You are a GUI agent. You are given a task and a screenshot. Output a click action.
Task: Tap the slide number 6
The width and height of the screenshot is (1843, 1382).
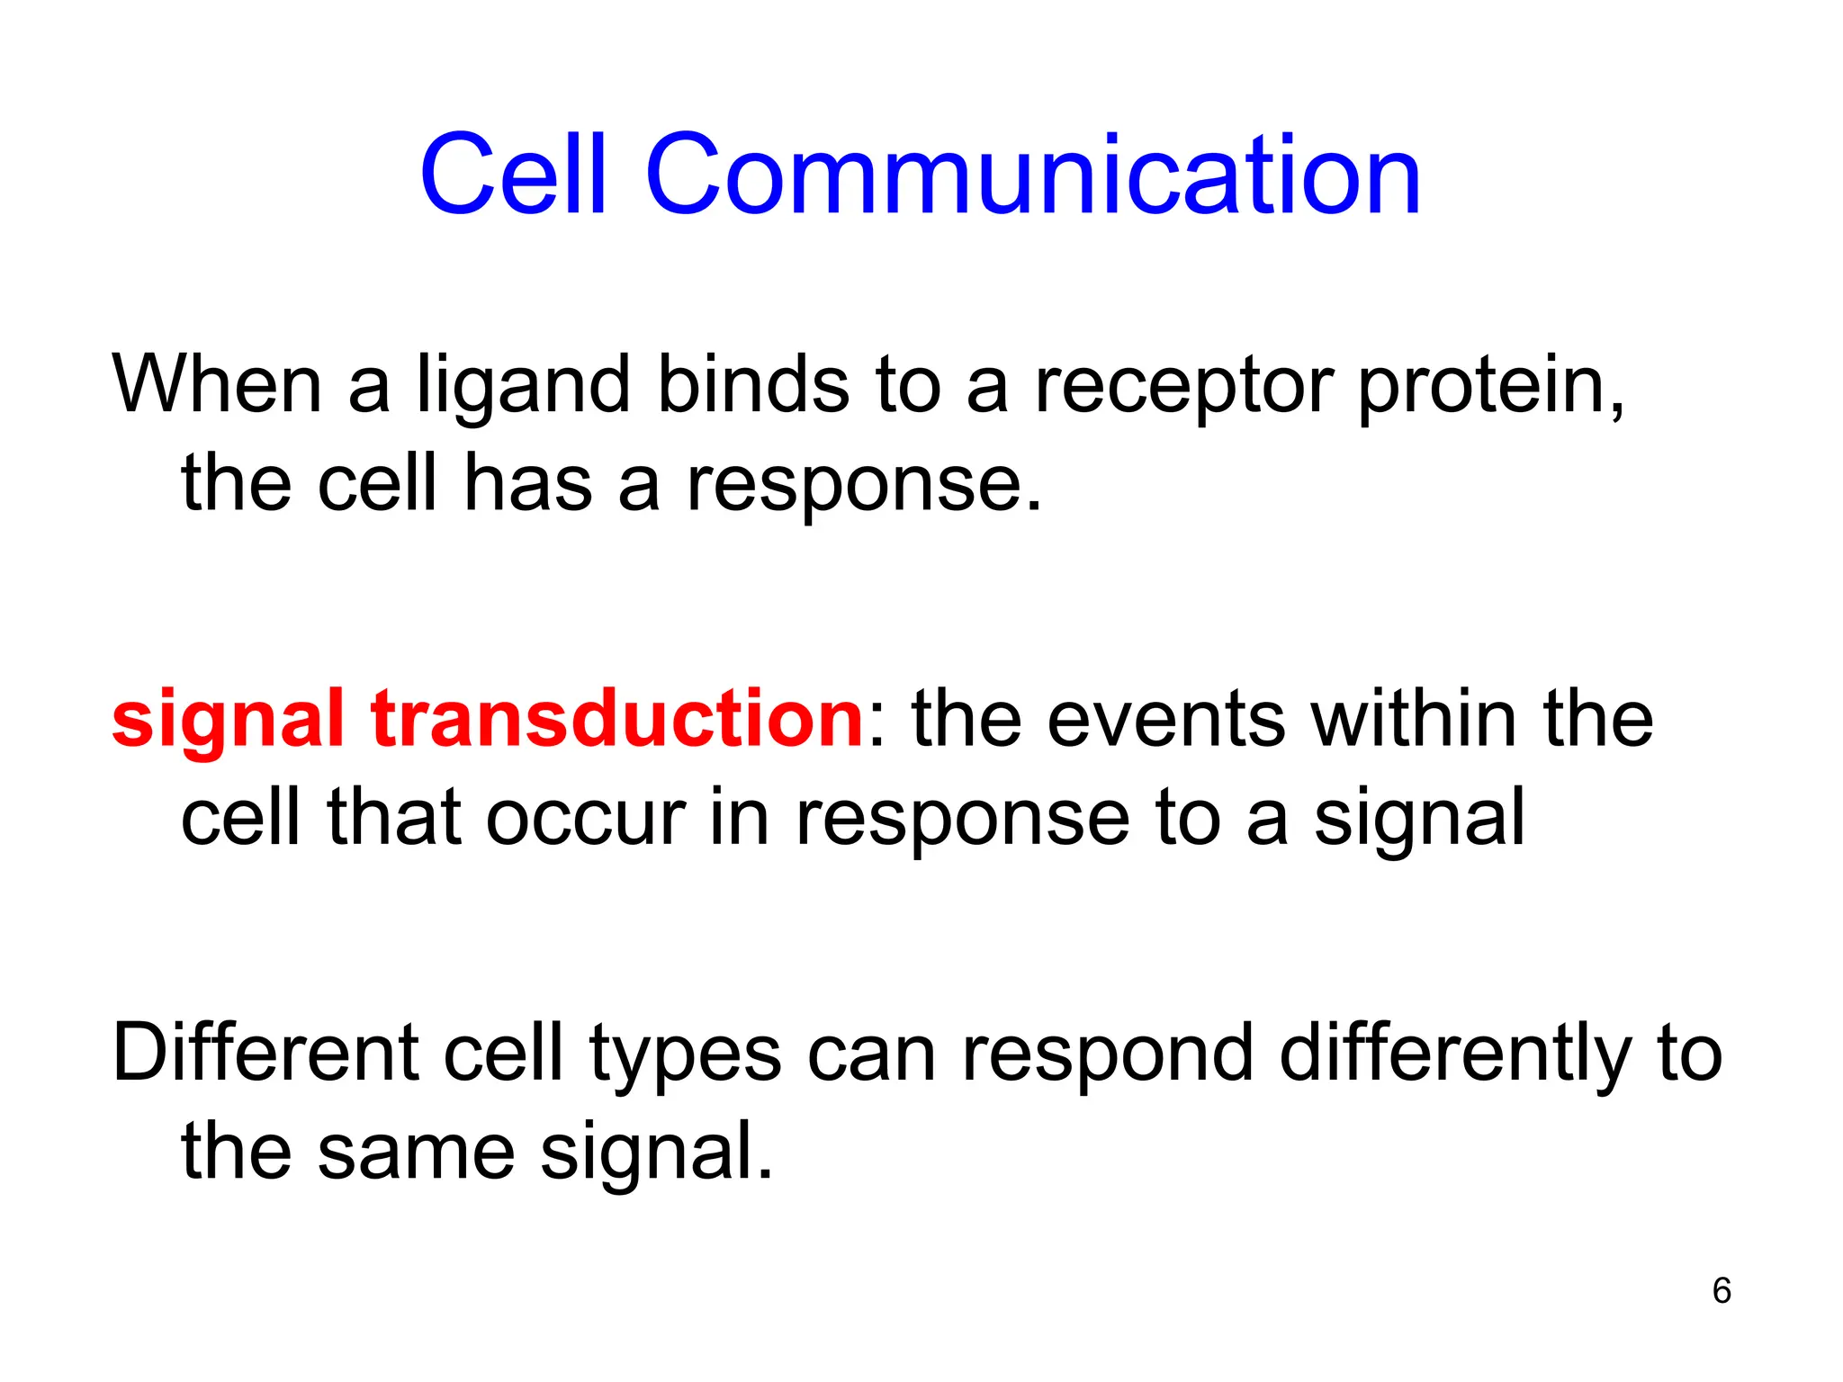[x=1722, y=1290]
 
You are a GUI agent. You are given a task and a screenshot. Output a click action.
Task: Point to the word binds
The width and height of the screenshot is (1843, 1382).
[x=754, y=385]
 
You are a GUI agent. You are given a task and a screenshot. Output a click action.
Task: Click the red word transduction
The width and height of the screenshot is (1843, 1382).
[x=617, y=720]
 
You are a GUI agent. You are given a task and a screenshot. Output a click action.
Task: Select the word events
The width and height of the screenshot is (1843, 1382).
[x=1166, y=720]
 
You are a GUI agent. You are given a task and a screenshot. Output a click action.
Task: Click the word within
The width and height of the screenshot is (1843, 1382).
[x=1414, y=720]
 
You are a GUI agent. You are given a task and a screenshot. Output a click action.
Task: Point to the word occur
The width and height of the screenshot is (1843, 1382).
[x=586, y=819]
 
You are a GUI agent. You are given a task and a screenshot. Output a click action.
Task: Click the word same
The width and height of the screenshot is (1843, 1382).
[x=416, y=1153]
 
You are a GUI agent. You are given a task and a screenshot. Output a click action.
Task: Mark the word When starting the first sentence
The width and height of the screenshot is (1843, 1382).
[x=216, y=385]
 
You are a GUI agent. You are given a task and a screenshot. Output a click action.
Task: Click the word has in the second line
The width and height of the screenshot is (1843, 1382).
[x=527, y=484]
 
